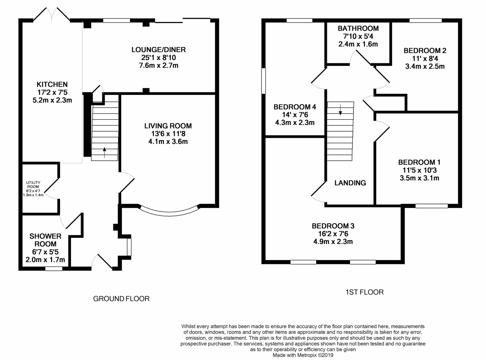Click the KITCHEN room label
(52, 84)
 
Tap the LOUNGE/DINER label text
(158, 50)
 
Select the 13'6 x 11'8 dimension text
(168, 133)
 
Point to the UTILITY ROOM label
(33, 184)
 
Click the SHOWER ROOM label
(45, 240)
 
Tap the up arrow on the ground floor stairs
(104, 152)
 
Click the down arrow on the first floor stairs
(340, 110)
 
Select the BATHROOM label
(358, 28)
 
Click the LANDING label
(350, 183)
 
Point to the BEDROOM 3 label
(333, 226)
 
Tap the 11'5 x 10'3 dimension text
(419, 170)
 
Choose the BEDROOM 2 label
(425, 51)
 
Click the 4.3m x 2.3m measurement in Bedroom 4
(295, 122)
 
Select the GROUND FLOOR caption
(121, 299)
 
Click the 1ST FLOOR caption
(365, 292)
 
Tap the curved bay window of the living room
(170, 214)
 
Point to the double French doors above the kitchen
(52, 14)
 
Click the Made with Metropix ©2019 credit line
(303, 355)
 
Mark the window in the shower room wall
(54, 269)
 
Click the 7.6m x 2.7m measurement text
(158, 65)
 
